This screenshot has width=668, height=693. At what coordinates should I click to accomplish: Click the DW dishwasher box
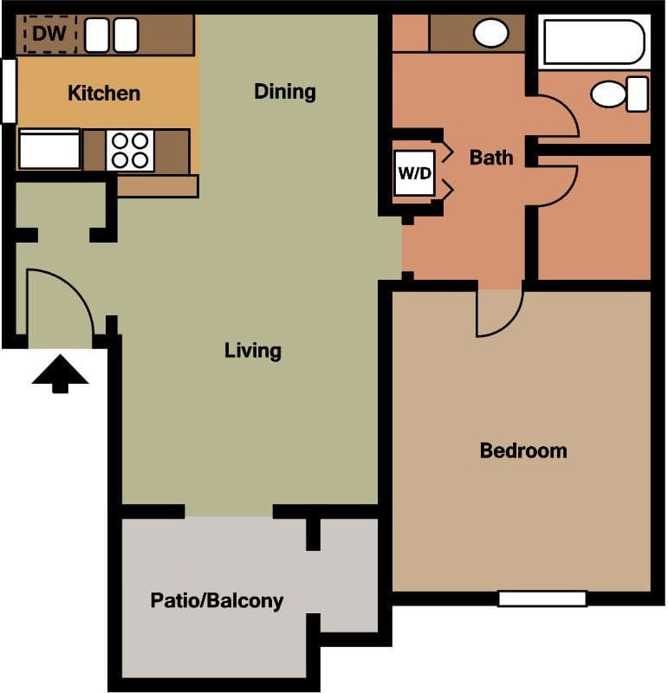coord(50,35)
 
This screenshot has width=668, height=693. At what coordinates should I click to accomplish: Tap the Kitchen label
coord(104,93)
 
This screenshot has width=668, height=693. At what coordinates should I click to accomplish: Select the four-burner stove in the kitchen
coord(131,150)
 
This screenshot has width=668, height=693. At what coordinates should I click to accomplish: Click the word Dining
coord(284,91)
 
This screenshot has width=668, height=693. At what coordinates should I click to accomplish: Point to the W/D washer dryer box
coord(414,172)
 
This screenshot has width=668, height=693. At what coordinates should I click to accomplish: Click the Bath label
coord(490,158)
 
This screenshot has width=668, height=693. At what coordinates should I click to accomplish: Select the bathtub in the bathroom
coord(593,42)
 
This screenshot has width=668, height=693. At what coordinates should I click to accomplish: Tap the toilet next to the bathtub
coord(620,94)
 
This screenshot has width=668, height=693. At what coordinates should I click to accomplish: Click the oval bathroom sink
coord(490,34)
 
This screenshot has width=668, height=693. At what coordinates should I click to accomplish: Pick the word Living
coord(252,351)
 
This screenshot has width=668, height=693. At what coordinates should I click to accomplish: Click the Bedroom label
coord(523,450)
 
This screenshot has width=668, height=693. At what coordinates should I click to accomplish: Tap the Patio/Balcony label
coord(217,600)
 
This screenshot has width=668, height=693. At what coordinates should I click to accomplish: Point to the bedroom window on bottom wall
coord(542,599)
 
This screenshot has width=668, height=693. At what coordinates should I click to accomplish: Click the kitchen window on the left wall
coord(8,90)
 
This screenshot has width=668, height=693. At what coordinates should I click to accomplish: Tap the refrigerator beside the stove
coord(49,150)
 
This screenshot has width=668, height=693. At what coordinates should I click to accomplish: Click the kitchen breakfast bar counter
coord(157,185)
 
